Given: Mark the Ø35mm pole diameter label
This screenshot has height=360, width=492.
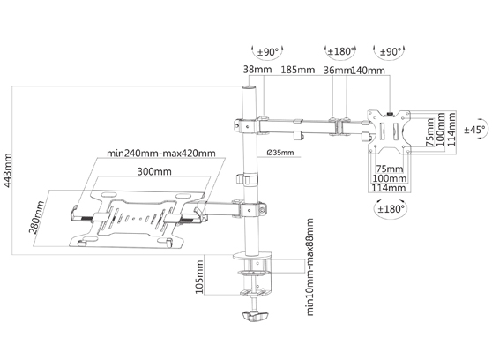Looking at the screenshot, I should [x=280, y=153].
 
